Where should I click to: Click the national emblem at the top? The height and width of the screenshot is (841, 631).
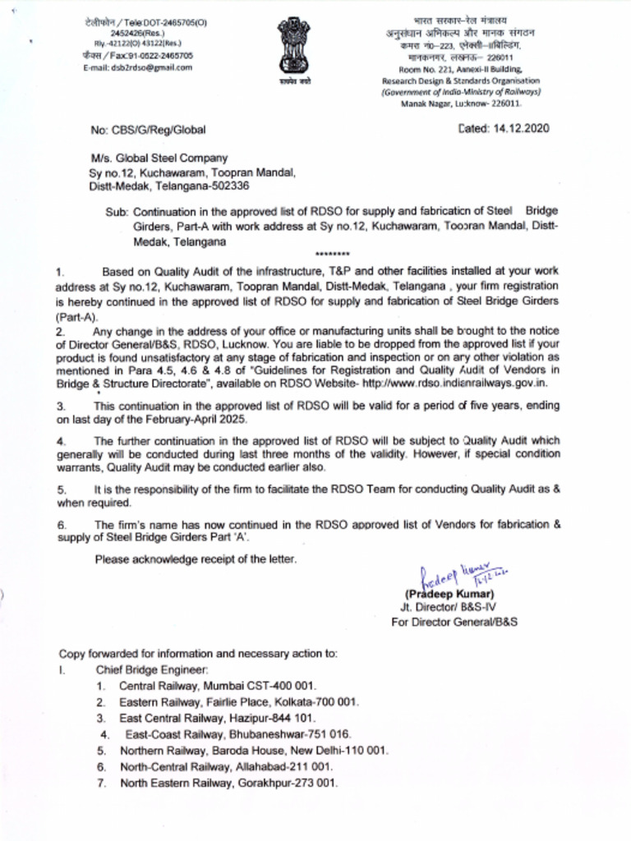tap(293, 48)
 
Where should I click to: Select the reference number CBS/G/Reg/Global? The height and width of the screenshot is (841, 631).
tap(148, 130)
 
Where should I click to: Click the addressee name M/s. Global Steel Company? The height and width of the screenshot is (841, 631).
tap(159, 159)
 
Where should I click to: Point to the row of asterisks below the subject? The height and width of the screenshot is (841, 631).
tap(332, 255)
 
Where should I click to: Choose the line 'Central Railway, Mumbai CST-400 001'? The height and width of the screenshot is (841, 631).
tap(218, 685)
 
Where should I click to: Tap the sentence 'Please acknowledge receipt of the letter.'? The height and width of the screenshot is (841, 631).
tap(196, 560)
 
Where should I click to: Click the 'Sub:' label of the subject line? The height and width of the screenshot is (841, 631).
tap(117, 211)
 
